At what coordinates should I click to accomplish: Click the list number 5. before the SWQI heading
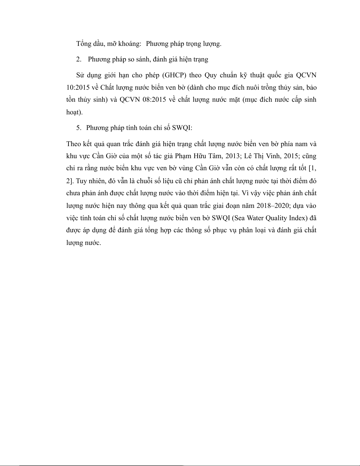coord(78,128)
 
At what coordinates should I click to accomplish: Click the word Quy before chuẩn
coord(211,75)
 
